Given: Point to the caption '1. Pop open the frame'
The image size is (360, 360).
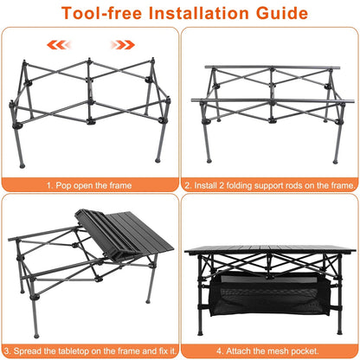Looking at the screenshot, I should coord(90,185).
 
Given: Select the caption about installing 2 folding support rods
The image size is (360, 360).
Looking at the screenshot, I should coord(270,185).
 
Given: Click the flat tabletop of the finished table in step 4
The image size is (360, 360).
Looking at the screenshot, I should coord(270,253).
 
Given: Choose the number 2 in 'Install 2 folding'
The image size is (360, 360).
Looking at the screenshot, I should coord(223,185).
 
